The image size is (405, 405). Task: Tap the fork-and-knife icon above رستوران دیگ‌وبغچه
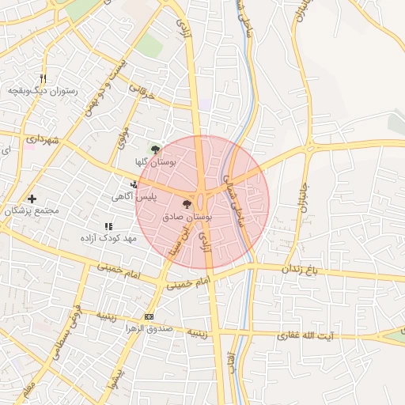(x=43, y=78)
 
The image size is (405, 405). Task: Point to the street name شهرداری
(x=43, y=141)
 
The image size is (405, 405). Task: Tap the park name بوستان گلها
(x=154, y=161)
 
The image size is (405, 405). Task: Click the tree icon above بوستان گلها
(x=155, y=148)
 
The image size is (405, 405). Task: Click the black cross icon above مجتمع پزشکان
(x=32, y=199)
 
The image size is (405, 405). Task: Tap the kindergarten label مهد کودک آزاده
(x=108, y=238)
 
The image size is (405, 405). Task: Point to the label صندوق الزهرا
(x=148, y=329)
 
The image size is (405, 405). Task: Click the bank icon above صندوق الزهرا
(x=149, y=317)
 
